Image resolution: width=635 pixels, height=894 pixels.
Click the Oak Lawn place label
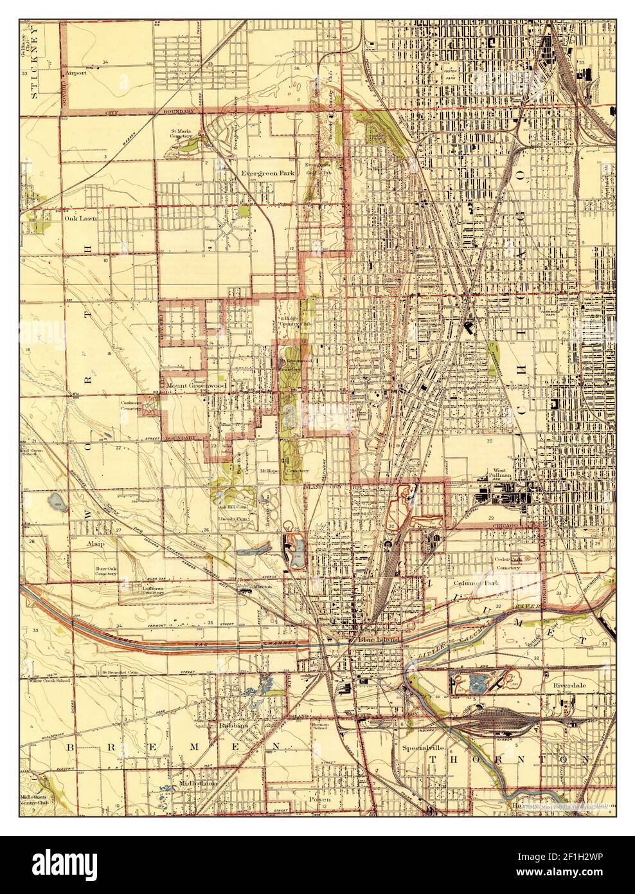coord(80,217)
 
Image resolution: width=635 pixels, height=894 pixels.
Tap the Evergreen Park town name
coord(267,174)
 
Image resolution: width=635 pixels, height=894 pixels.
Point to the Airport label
coord(76,73)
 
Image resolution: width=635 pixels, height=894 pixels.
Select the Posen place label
coord(319,799)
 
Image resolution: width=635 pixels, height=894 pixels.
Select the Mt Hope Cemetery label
coord(282,470)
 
